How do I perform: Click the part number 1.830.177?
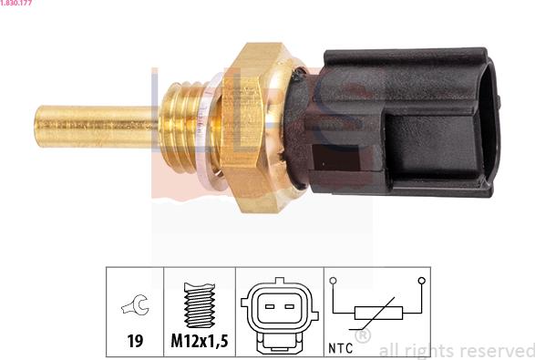[16, 3]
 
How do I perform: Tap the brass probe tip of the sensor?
[97, 127]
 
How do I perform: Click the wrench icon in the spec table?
[135, 304]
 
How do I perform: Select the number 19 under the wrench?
[135, 341]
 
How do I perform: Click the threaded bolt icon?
[200, 304]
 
